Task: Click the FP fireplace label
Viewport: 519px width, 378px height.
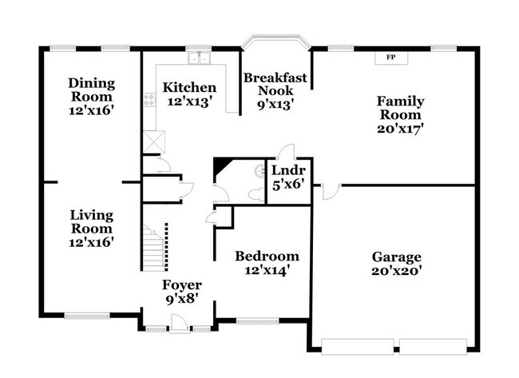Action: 391,58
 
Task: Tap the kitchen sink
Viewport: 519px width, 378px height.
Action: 200,58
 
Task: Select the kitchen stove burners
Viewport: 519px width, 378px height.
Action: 149,100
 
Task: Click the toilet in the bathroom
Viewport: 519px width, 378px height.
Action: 256,195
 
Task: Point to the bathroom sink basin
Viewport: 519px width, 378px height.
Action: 259,171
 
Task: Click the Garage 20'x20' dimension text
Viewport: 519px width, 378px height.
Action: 396,271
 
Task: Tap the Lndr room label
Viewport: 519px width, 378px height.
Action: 288,170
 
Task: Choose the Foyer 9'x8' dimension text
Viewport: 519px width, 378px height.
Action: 182,299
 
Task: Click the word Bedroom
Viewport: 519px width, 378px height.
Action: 267,256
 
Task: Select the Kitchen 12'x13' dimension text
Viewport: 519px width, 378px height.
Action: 189,101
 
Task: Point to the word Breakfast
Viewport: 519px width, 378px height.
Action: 275,78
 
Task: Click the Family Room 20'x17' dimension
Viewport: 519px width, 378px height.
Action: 401,128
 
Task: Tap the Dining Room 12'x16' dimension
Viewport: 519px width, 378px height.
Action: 92,110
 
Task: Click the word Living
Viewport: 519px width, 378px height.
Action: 92,216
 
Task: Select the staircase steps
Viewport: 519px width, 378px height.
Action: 153,248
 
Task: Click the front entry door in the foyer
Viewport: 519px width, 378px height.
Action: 179,323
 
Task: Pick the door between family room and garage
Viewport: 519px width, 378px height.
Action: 331,192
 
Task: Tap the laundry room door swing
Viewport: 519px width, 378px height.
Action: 287,151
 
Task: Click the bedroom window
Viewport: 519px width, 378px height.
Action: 258,320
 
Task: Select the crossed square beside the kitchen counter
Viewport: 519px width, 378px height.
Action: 154,142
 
